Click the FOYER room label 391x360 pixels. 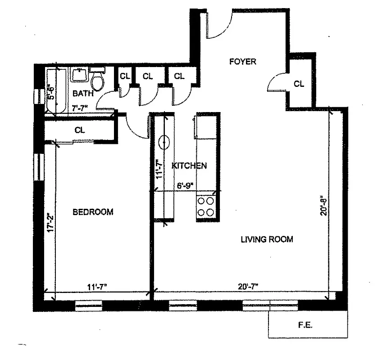coord(242,62)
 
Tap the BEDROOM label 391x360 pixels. coord(93,212)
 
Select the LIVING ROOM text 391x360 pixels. coord(267,239)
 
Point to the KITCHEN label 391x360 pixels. coord(189,166)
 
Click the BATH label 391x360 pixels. coord(83,94)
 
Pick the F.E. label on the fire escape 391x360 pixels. coord(309,324)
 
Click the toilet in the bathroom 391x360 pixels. coord(97,81)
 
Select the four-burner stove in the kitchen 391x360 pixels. coord(206,206)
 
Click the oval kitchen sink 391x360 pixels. coord(164,143)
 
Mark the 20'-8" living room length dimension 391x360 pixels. coord(322,206)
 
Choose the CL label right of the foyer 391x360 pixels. coord(299,84)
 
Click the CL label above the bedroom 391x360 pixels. coord(80,130)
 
